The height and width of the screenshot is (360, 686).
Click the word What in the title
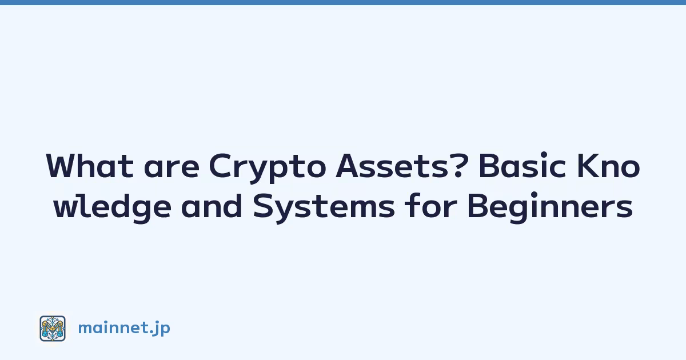click(x=90, y=166)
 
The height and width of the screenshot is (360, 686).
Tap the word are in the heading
click(x=172, y=169)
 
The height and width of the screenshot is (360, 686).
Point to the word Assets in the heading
click(x=392, y=166)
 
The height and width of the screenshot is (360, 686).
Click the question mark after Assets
click(x=460, y=165)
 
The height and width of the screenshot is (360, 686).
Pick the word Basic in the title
click(x=522, y=165)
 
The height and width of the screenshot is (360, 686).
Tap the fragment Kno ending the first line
click(x=608, y=166)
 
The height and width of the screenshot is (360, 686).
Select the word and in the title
click(x=212, y=205)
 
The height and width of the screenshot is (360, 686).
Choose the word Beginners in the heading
click(x=550, y=207)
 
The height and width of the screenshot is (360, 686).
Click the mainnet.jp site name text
click(x=124, y=329)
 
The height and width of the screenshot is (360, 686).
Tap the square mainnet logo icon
click(x=53, y=329)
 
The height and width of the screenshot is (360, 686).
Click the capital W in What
click(x=66, y=166)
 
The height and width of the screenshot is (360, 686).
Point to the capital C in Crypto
click(x=220, y=166)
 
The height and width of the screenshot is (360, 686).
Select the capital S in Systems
click(x=264, y=205)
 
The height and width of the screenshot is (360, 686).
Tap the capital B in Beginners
click(x=478, y=205)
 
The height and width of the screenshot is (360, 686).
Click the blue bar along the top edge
click(x=343, y=2)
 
